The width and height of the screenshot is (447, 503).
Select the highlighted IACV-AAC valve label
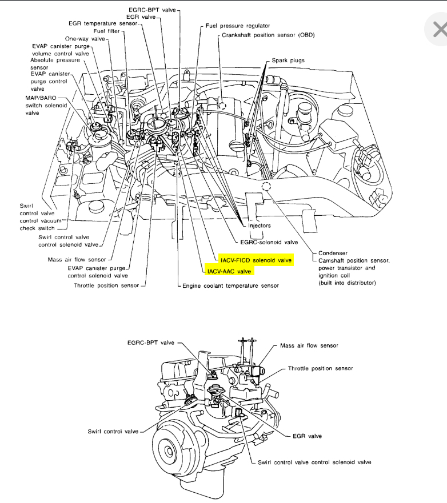pos(229,271)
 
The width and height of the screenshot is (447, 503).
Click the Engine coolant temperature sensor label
pos(230,285)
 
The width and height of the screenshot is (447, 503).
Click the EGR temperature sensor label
pos(103,23)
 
